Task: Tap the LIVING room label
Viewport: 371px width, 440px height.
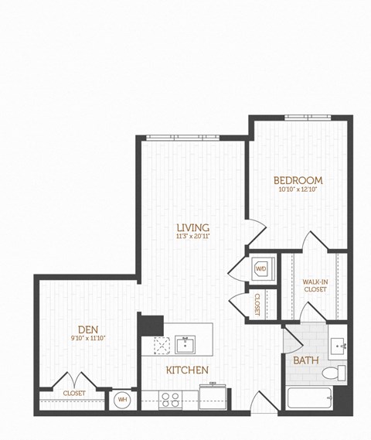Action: (192, 227)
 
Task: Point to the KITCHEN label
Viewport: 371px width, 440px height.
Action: (187, 370)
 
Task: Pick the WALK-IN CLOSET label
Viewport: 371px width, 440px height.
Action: (315, 285)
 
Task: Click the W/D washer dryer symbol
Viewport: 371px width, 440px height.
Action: (260, 268)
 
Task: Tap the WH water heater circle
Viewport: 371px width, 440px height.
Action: (121, 401)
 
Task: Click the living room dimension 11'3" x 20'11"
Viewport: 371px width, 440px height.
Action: (192, 236)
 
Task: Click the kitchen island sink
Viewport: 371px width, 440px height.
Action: (185, 343)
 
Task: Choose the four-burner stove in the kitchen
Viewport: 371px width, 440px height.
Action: (170, 400)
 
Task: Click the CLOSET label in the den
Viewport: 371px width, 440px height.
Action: (74, 393)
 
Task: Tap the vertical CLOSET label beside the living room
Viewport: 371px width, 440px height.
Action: (257, 304)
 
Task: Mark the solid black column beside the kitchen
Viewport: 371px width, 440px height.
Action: (151, 324)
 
